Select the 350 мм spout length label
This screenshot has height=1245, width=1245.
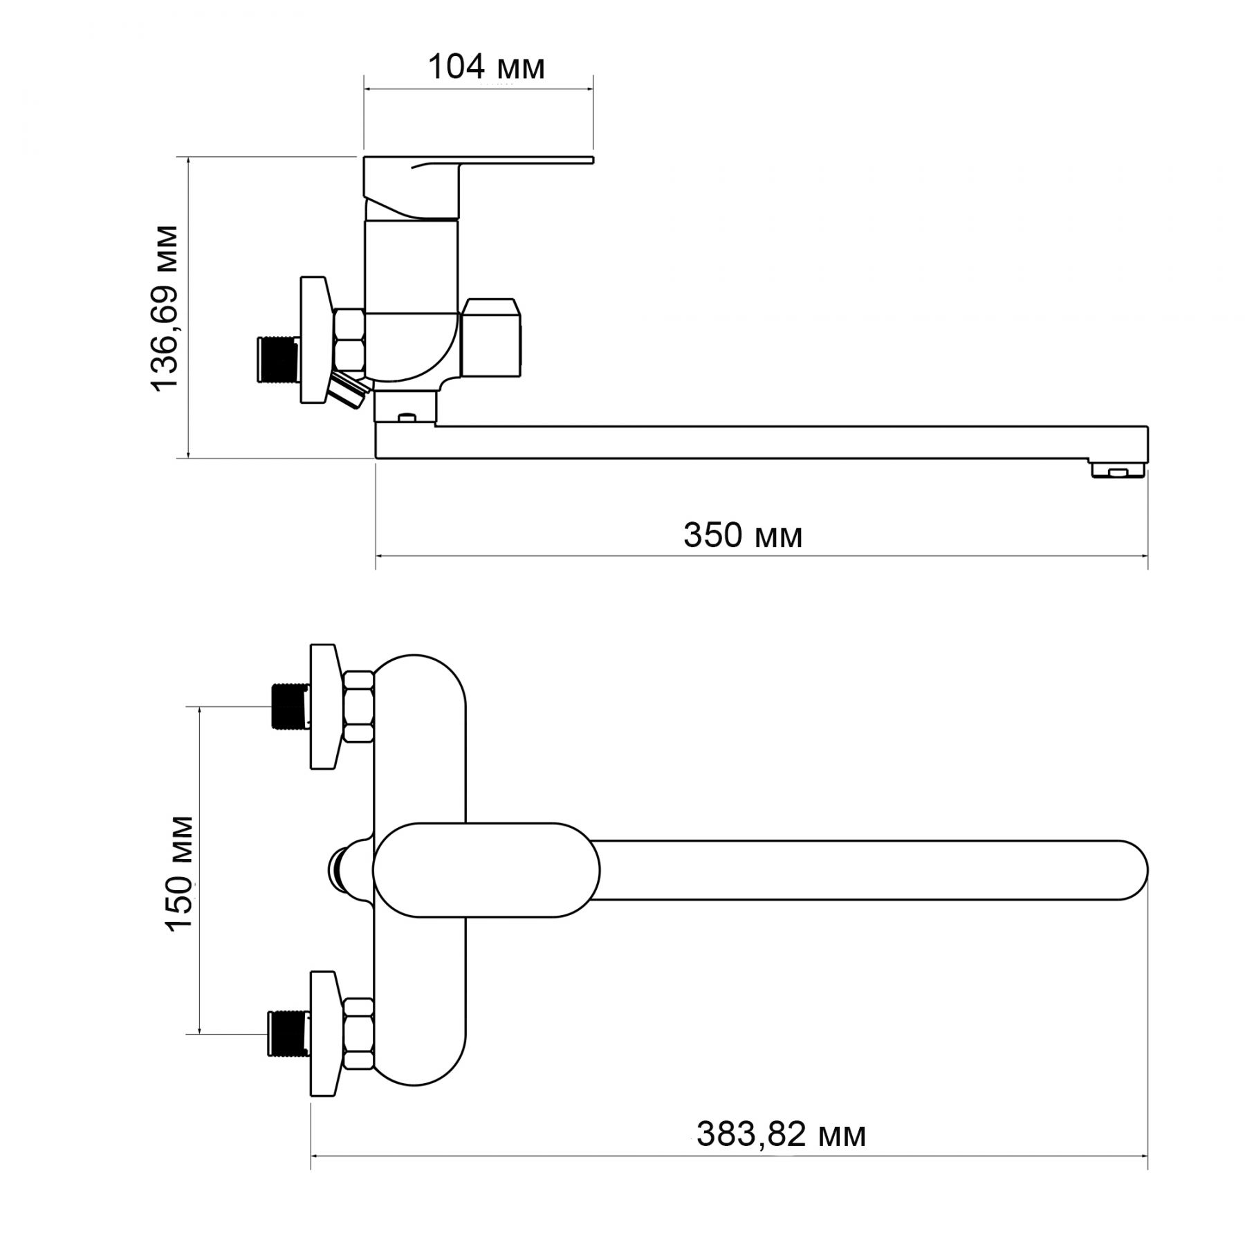[743, 535]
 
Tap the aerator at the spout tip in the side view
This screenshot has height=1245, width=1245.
[1117, 471]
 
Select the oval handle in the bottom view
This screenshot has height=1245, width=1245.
[486, 869]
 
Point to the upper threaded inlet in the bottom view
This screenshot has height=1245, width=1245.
[289, 706]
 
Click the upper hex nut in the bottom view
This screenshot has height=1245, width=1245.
[359, 706]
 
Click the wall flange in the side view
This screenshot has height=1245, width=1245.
[315, 339]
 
